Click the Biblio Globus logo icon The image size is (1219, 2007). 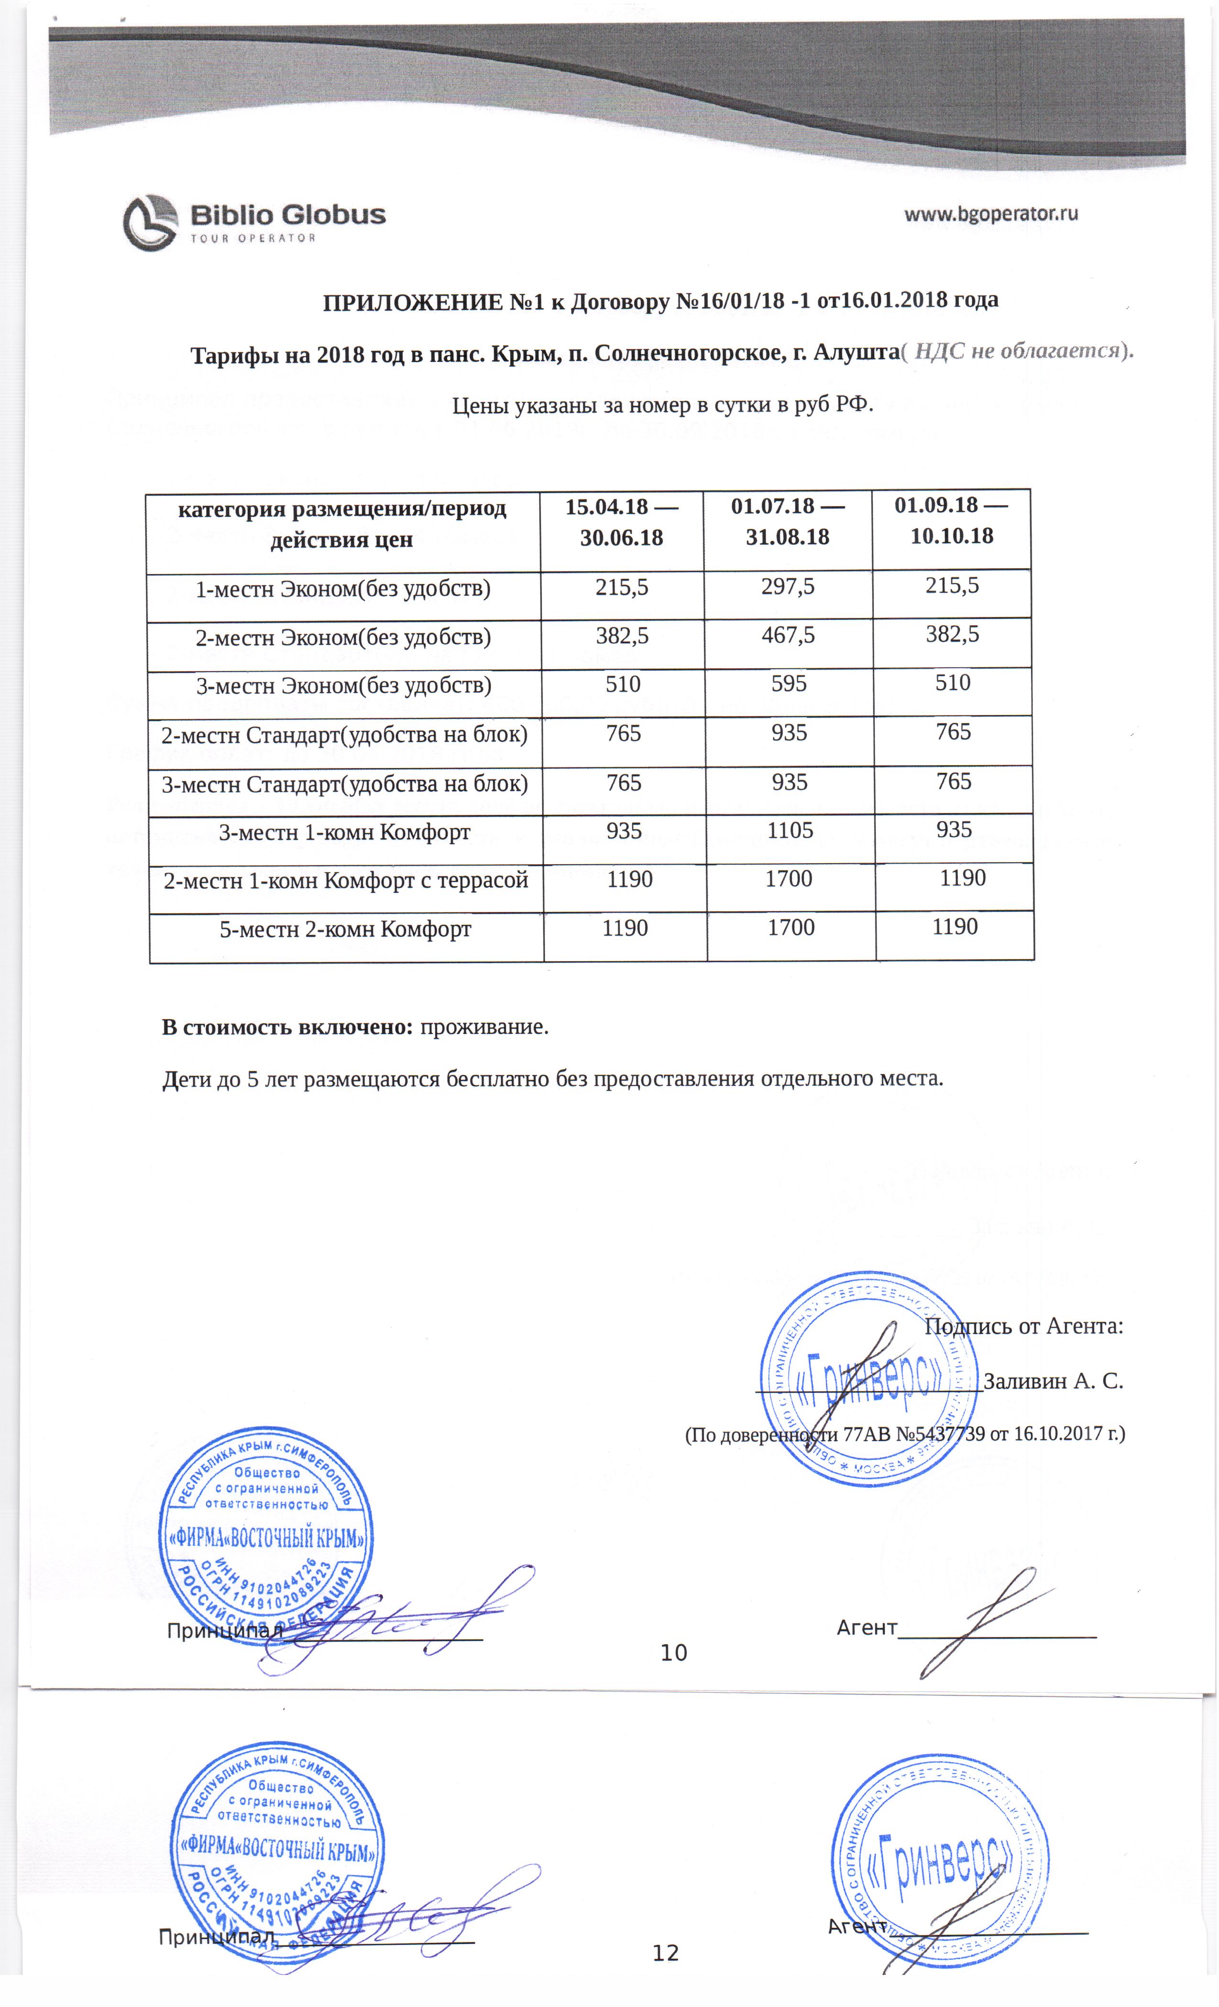click(150, 222)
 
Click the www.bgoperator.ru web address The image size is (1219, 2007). click(991, 214)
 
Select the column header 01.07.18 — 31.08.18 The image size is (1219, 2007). click(787, 521)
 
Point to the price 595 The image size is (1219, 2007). click(788, 683)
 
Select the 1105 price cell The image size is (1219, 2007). click(790, 830)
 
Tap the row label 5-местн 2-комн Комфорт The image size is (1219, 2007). click(345, 929)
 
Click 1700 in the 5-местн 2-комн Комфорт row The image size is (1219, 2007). click(791, 927)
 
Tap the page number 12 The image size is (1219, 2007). click(665, 1953)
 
